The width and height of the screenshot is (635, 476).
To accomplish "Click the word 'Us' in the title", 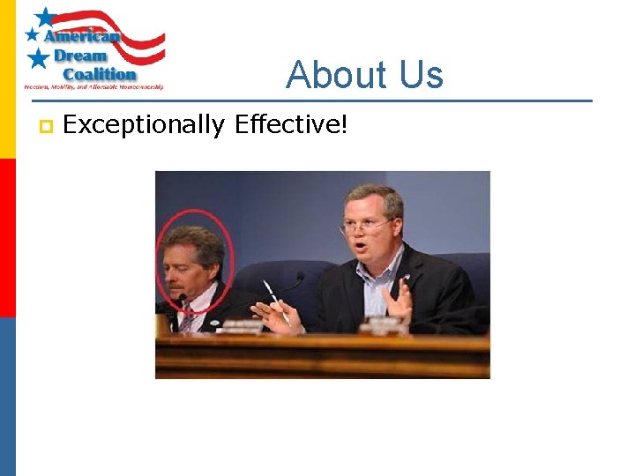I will pyautogui.click(x=420, y=76).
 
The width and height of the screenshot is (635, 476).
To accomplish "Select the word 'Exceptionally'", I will pyautogui.click(x=144, y=126).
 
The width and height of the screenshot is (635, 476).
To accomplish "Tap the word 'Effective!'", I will pyautogui.click(x=292, y=126).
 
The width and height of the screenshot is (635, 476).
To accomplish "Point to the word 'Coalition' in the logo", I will pyautogui.click(x=99, y=75).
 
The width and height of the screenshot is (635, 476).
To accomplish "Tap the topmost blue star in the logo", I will pyautogui.click(x=45, y=17).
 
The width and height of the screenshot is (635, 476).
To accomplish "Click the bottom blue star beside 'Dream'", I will pyautogui.click(x=39, y=59).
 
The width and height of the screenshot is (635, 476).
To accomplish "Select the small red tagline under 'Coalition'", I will pyautogui.click(x=93, y=87).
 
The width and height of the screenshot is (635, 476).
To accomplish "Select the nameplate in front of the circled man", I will pyautogui.click(x=243, y=326).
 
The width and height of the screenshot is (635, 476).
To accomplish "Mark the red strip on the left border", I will pyautogui.click(x=7, y=238).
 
